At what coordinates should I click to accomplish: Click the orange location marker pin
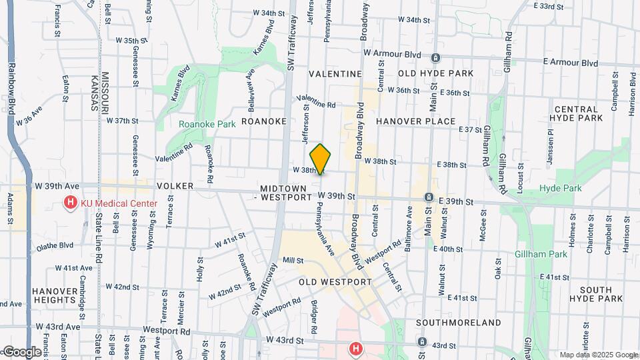click(321, 159)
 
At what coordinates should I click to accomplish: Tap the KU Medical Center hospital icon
click(69, 203)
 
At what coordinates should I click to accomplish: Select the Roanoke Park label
click(198, 123)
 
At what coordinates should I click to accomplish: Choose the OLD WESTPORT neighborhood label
click(335, 282)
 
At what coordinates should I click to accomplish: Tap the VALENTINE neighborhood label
click(335, 74)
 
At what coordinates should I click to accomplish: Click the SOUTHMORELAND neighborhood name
click(458, 323)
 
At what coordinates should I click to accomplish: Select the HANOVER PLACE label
click(416, 121)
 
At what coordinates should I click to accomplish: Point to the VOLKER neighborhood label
click(174, 187)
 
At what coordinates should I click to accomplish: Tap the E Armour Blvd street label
click(570, 63)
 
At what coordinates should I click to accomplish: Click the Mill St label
click(293, 260)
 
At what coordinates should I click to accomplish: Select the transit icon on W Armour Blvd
click(435, 57)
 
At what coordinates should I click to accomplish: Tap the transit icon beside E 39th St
click(429, 197)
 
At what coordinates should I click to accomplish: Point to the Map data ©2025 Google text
click(598, 355)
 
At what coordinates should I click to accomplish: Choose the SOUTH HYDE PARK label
click(601, 294)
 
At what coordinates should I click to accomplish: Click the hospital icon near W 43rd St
click(356, 348)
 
